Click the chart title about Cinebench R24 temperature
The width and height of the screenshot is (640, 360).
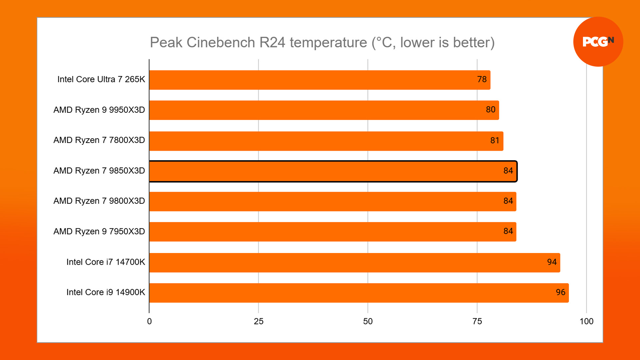click(322, 43)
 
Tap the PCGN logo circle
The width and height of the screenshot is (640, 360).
click(598, 42)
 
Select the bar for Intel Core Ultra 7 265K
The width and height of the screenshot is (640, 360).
click(319, 80)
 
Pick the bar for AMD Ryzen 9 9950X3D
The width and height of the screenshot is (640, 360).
click(324, 110)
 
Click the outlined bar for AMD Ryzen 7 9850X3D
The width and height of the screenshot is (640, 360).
click(333, 171)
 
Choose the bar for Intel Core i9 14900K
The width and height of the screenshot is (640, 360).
click(359, 293)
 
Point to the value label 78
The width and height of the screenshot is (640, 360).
click(482, 79)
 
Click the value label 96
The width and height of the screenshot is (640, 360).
click(560, 292)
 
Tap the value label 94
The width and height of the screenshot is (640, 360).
click(552, 262)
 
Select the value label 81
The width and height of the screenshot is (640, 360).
click(495, 140)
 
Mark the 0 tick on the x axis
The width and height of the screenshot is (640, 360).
click(149, 321)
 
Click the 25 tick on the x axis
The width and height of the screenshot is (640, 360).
click(259, 321)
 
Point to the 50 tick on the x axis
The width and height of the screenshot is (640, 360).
click(368, 321)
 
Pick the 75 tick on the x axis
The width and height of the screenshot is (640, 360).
click(477, 321)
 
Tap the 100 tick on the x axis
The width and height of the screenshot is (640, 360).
click(586, 321)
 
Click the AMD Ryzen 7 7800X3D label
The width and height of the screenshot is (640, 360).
click(99, 140)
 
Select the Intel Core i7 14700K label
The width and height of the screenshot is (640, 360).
click(106, 262)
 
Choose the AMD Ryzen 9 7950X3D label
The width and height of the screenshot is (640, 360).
click(99, 231)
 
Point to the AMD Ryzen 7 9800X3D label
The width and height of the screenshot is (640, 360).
click(99, 201)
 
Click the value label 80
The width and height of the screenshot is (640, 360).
click(490, 110)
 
